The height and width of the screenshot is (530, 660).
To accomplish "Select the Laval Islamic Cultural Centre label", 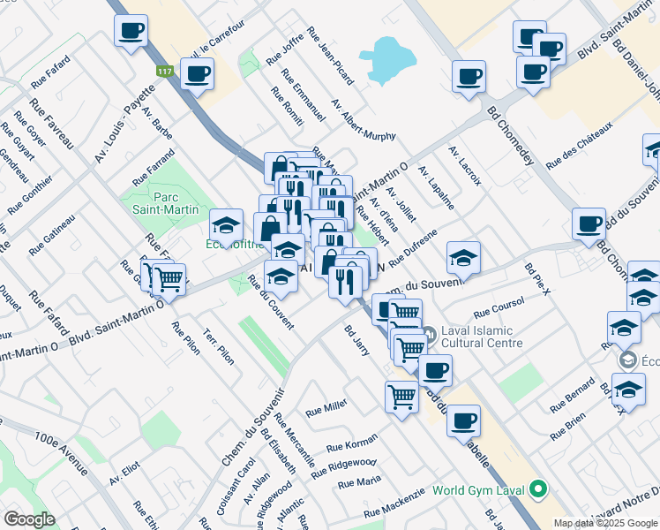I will coord(484,336).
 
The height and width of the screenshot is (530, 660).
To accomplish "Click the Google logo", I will coord(29,519).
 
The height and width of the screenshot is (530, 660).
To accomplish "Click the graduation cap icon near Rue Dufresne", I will coord(463,258).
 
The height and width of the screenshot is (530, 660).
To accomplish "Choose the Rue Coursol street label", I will coord(499,307).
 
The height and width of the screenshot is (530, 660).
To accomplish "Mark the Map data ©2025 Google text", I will coord(606,523).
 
